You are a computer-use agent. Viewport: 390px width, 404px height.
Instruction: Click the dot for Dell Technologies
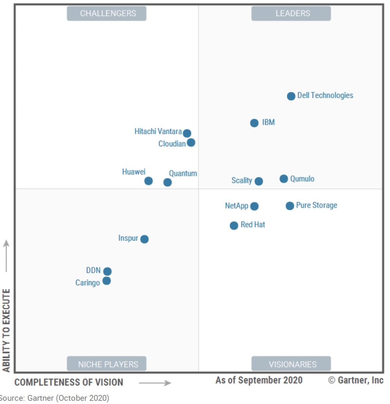point(291,96)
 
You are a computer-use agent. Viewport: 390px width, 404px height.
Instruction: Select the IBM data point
point(255,123)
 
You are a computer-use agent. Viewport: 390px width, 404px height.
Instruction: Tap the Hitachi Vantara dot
point(187,133)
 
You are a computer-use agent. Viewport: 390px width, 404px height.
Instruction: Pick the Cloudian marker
point(191,142)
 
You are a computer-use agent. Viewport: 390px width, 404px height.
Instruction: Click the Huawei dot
point(148,181)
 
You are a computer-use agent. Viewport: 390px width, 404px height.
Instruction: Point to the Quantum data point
point(167,182)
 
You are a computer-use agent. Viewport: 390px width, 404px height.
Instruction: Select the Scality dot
point(259,181)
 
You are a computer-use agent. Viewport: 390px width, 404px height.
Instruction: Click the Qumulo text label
point(302,179)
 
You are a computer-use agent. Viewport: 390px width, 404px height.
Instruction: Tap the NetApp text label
point(237,206)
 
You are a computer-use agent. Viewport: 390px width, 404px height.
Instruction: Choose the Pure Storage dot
point(290,206)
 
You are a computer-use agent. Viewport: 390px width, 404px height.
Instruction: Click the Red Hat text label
point(253,225)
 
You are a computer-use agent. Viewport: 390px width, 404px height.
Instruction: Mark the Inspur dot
point(145,239)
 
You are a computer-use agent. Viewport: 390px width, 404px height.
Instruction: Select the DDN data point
point(107,272)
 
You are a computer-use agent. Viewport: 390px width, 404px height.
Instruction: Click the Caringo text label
point(88,283)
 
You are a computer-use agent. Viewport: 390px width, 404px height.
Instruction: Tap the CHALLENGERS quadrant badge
point(107,14)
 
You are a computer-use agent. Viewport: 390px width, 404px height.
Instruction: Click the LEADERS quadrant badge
point(291,14)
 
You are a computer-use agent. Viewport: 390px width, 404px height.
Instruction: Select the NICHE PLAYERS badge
point(107,364)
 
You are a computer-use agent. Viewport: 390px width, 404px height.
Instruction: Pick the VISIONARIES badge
point(291,364)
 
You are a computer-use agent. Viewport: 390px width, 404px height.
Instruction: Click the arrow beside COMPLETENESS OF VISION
point(155,383)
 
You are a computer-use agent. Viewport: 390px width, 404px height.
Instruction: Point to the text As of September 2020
point(259,380)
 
